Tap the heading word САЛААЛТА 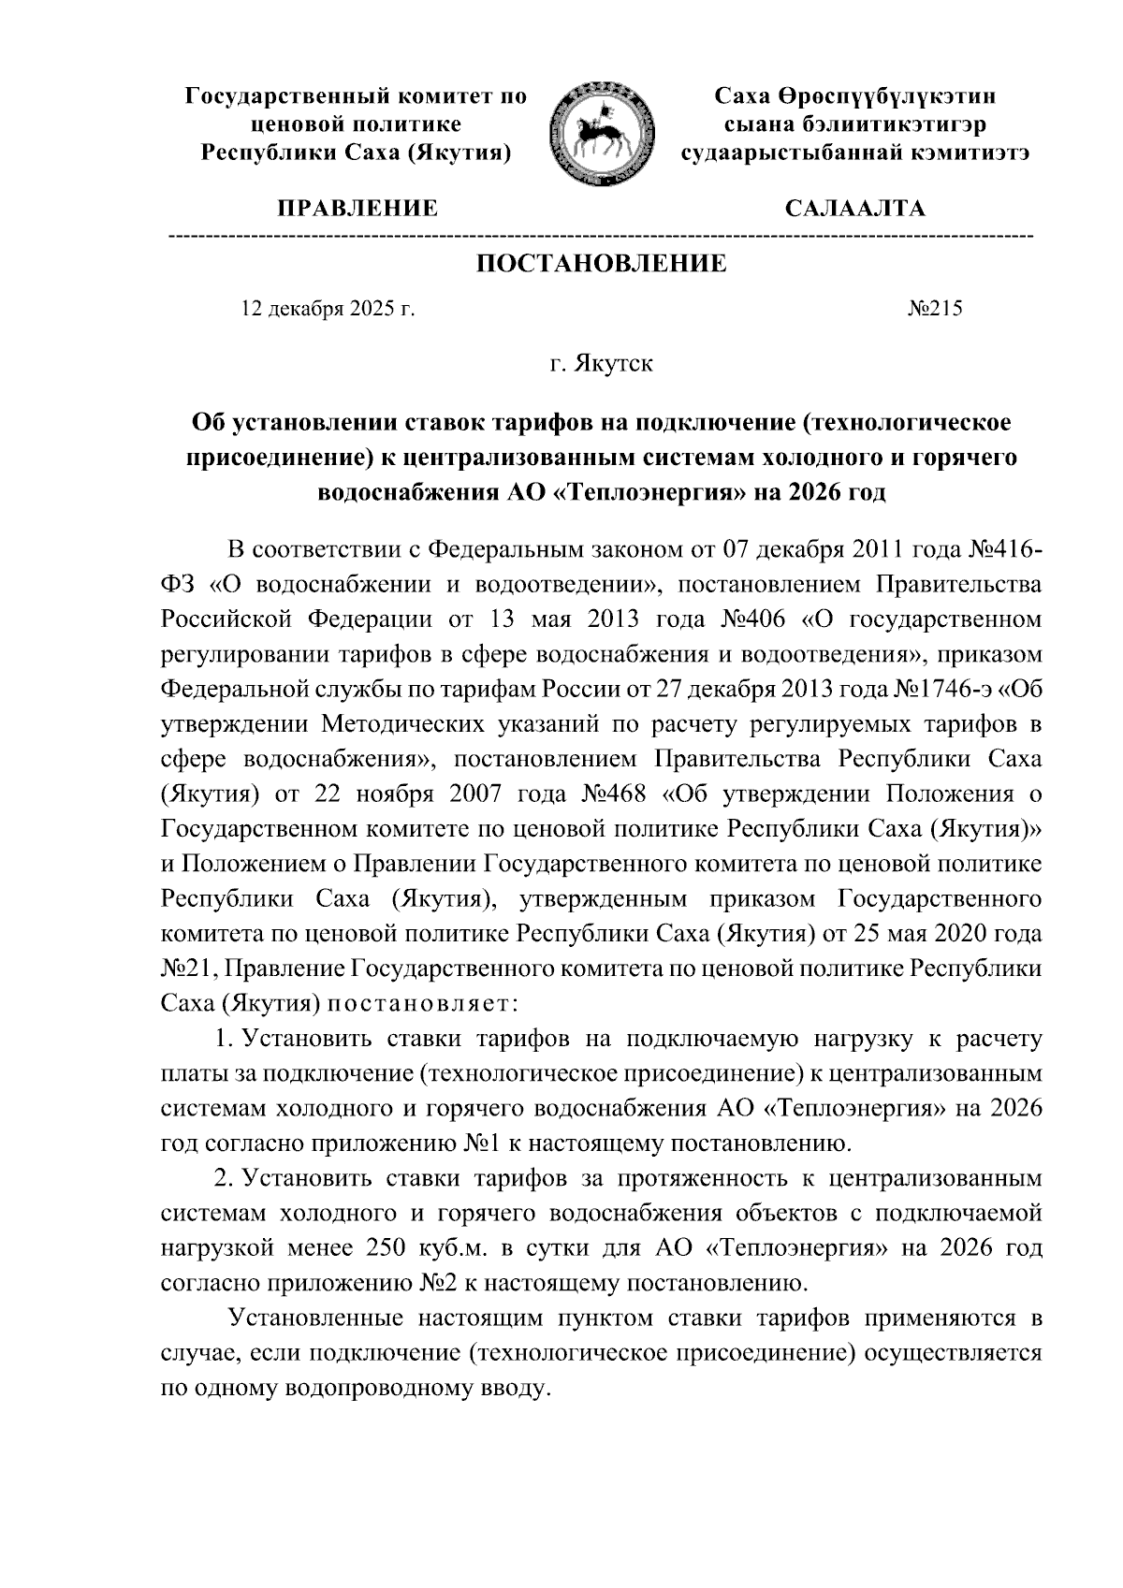pos(854,209)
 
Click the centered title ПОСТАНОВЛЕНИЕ pos(602,264)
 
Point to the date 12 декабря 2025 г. pos(328,308)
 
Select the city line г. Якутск pos(601,363)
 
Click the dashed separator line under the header pos(599,233)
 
